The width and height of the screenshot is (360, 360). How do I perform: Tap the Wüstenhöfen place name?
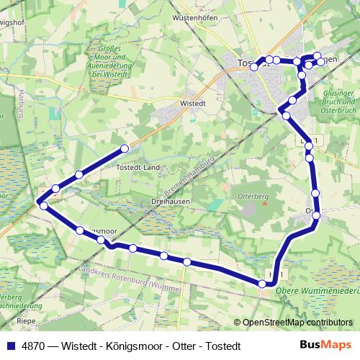pyautogui.click(x=195, y=18)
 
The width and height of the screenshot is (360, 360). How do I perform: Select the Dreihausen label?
pyautogui.click(x=171, y=202)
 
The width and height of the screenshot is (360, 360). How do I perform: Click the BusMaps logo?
pyautogui.click(x=326, y=345)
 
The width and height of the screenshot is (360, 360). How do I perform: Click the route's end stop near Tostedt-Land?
pyautogui.click(x=125, y=148)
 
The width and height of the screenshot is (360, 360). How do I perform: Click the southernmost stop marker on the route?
pyautogui.click(x=264, y=285)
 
